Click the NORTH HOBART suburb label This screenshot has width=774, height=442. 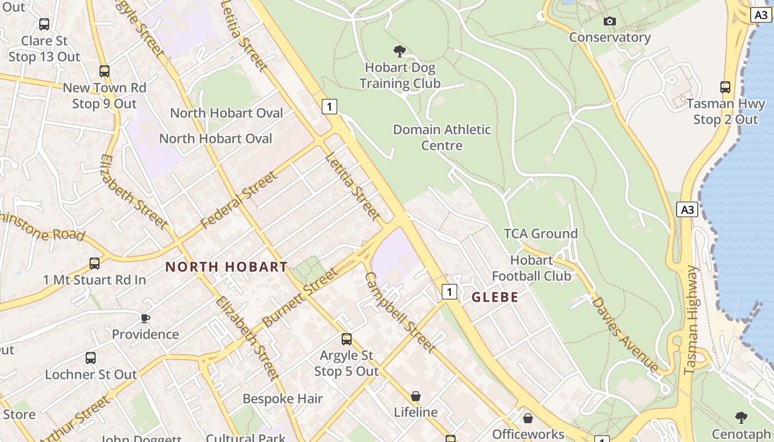click(x=227, y=267)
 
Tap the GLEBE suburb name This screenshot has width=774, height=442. click(x=495, y=297)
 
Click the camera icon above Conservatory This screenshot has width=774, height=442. click(x=610, y=21)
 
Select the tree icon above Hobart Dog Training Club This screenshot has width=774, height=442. click(x=399, y=52)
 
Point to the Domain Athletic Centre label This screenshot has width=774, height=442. click(x=442, y=138)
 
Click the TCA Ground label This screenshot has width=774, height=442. click(x=541, y=234)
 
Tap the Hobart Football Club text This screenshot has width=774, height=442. click(x=531, y=268)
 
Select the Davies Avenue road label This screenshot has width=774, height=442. click(x=625, y=334)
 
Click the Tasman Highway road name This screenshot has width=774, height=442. click(x=692, y=320)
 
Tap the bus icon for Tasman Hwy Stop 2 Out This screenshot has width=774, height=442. click(x=725, y=87)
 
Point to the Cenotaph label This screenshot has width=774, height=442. click(x=741, y=434)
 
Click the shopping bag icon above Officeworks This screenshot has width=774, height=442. click(x=528, y=418)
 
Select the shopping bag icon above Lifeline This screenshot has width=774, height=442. click(x=416, y=396)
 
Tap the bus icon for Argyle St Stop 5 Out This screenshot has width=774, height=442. click(x=347, y=339)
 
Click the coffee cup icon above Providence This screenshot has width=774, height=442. click(x=145, y=318)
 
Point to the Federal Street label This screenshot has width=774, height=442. click(x=238, y=200)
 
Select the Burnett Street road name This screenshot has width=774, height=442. click(x=300, y=297)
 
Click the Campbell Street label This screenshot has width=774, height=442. click(x=400, y=312)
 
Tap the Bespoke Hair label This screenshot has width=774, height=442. click(x=283, y=399)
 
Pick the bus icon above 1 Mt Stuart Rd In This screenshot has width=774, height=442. click(x=95, y=264)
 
